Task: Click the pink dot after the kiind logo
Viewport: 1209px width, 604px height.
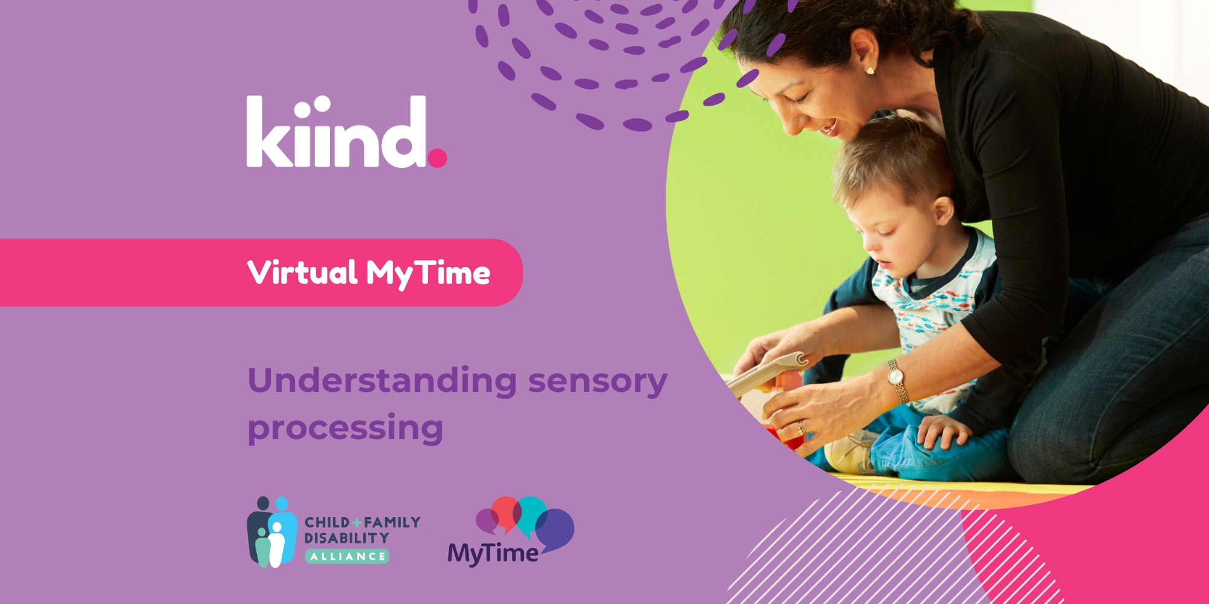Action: [437, 158]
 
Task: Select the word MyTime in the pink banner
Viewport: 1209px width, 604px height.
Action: [428, 274]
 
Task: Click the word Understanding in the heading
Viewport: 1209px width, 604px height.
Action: [382, 381]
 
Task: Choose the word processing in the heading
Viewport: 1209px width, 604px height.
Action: [346, 429]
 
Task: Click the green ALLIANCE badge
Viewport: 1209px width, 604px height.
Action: [347, 556]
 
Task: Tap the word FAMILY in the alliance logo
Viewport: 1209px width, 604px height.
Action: [392, 522]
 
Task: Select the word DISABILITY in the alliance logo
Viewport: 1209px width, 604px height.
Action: [346, 538]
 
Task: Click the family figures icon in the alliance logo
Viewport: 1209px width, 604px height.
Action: [272, 532]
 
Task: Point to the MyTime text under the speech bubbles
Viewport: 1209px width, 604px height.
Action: [493, 553]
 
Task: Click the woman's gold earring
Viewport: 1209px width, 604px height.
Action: [870, 71]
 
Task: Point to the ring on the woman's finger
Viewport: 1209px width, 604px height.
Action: [801, 428]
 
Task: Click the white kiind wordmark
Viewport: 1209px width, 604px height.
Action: [337, 131]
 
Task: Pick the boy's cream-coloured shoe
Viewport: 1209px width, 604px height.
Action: [849, 454]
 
